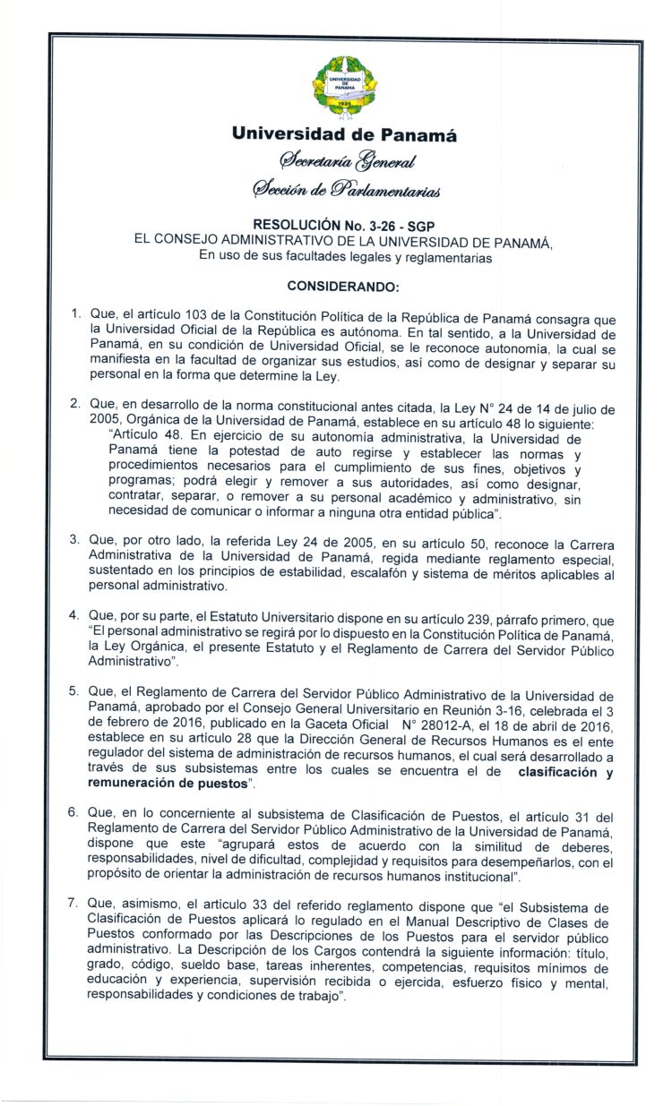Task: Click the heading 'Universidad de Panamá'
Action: (x=344, y=136)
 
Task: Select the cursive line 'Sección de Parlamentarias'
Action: (x=344, y=189)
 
